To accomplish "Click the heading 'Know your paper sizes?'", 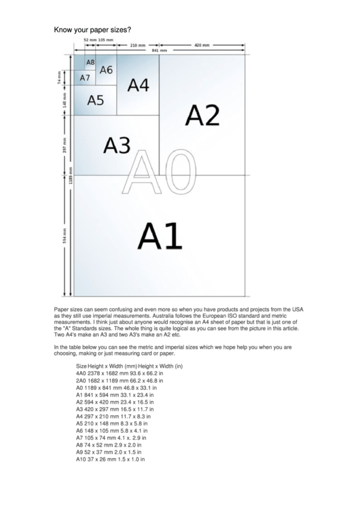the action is coord(92,31).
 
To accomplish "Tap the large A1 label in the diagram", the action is coord(160,236).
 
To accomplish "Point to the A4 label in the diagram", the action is coord(138,85).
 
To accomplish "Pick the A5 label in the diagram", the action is coord(96,100).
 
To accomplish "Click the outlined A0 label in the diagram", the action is coord(158,173).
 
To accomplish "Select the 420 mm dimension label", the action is coord(202,45).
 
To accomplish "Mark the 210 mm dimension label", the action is coord(138,45).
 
